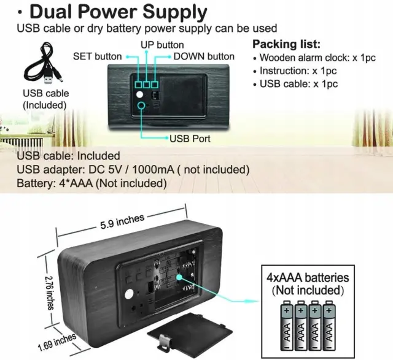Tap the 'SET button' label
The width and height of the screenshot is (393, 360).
coord(98,56)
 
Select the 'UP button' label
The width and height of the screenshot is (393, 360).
coord(161,45)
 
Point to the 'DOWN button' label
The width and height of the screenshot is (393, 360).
coord(203,56)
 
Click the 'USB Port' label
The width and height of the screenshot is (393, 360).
coord(190,139)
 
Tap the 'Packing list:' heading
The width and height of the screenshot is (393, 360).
coord(286,45)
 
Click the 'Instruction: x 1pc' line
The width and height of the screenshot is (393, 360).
coord(297,71)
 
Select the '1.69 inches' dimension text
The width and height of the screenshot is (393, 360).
coord(56,341)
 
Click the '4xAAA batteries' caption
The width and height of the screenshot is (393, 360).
coord(308,278)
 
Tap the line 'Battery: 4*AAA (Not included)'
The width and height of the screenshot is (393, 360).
coord(91,183)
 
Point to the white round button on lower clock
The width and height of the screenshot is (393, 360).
coord(129,295)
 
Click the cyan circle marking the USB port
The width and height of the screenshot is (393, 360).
coord(143,107)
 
